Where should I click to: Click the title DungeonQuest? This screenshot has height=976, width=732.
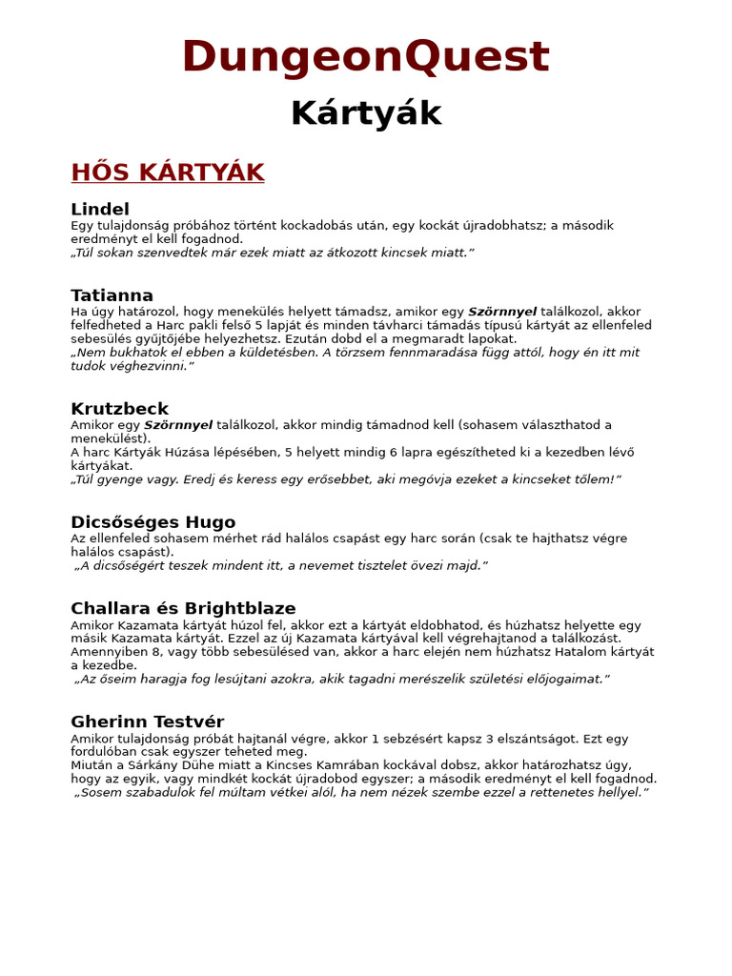click(365, 57)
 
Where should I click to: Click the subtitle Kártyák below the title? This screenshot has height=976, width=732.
click(365, 113)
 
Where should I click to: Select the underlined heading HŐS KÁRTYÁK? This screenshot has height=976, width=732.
click(167, 173)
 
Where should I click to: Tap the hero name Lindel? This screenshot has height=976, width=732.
click(100, 209)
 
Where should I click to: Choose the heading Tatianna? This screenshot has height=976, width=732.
click(112, 295)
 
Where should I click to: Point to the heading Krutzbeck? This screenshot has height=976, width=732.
click(119, 409)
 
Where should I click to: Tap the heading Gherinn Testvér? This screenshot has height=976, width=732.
click(147, 722)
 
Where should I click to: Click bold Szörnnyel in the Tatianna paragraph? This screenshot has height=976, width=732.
click(502, 312)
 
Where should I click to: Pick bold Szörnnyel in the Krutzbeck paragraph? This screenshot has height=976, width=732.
click(178, 425)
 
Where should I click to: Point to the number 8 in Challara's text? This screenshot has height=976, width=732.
click(157, 652)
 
